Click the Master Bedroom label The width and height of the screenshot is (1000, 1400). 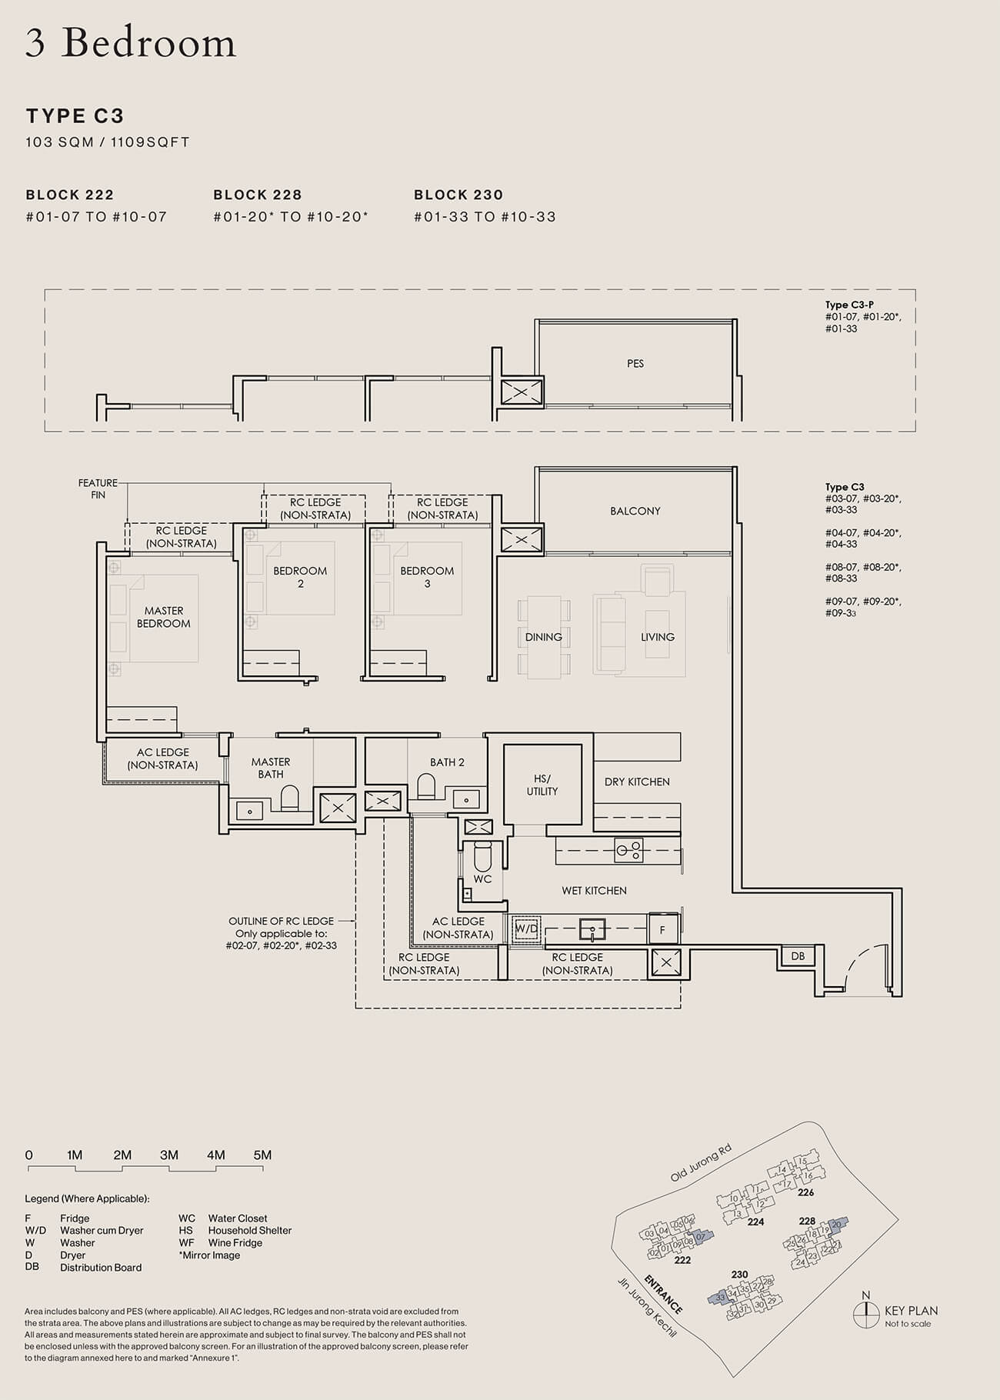pos(163,617)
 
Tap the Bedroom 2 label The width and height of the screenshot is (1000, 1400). pos(300,577)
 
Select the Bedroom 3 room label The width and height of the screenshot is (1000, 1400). pos(427,577)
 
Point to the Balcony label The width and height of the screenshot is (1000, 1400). pos(635,511)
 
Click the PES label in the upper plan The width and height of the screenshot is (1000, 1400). pos(635,363)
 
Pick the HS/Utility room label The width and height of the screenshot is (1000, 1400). pos(542,785)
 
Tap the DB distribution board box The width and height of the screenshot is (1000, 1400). pos(798,956)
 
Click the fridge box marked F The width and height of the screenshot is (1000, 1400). pos(662,930)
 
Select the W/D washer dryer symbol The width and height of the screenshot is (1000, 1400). pos(526,928)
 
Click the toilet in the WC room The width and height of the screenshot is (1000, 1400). pos(482,855)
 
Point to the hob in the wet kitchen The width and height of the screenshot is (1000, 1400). pos(628,850)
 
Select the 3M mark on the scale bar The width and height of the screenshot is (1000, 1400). pos(169,1155)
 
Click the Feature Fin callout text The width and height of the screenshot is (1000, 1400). pos(98,488)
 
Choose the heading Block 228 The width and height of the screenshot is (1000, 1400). pos(258,195)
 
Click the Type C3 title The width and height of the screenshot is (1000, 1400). pos(75,116)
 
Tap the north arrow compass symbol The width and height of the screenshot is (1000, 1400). pos(866,1313)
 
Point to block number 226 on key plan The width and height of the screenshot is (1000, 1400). pos(805,1192)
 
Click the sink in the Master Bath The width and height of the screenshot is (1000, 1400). pos(250,810)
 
